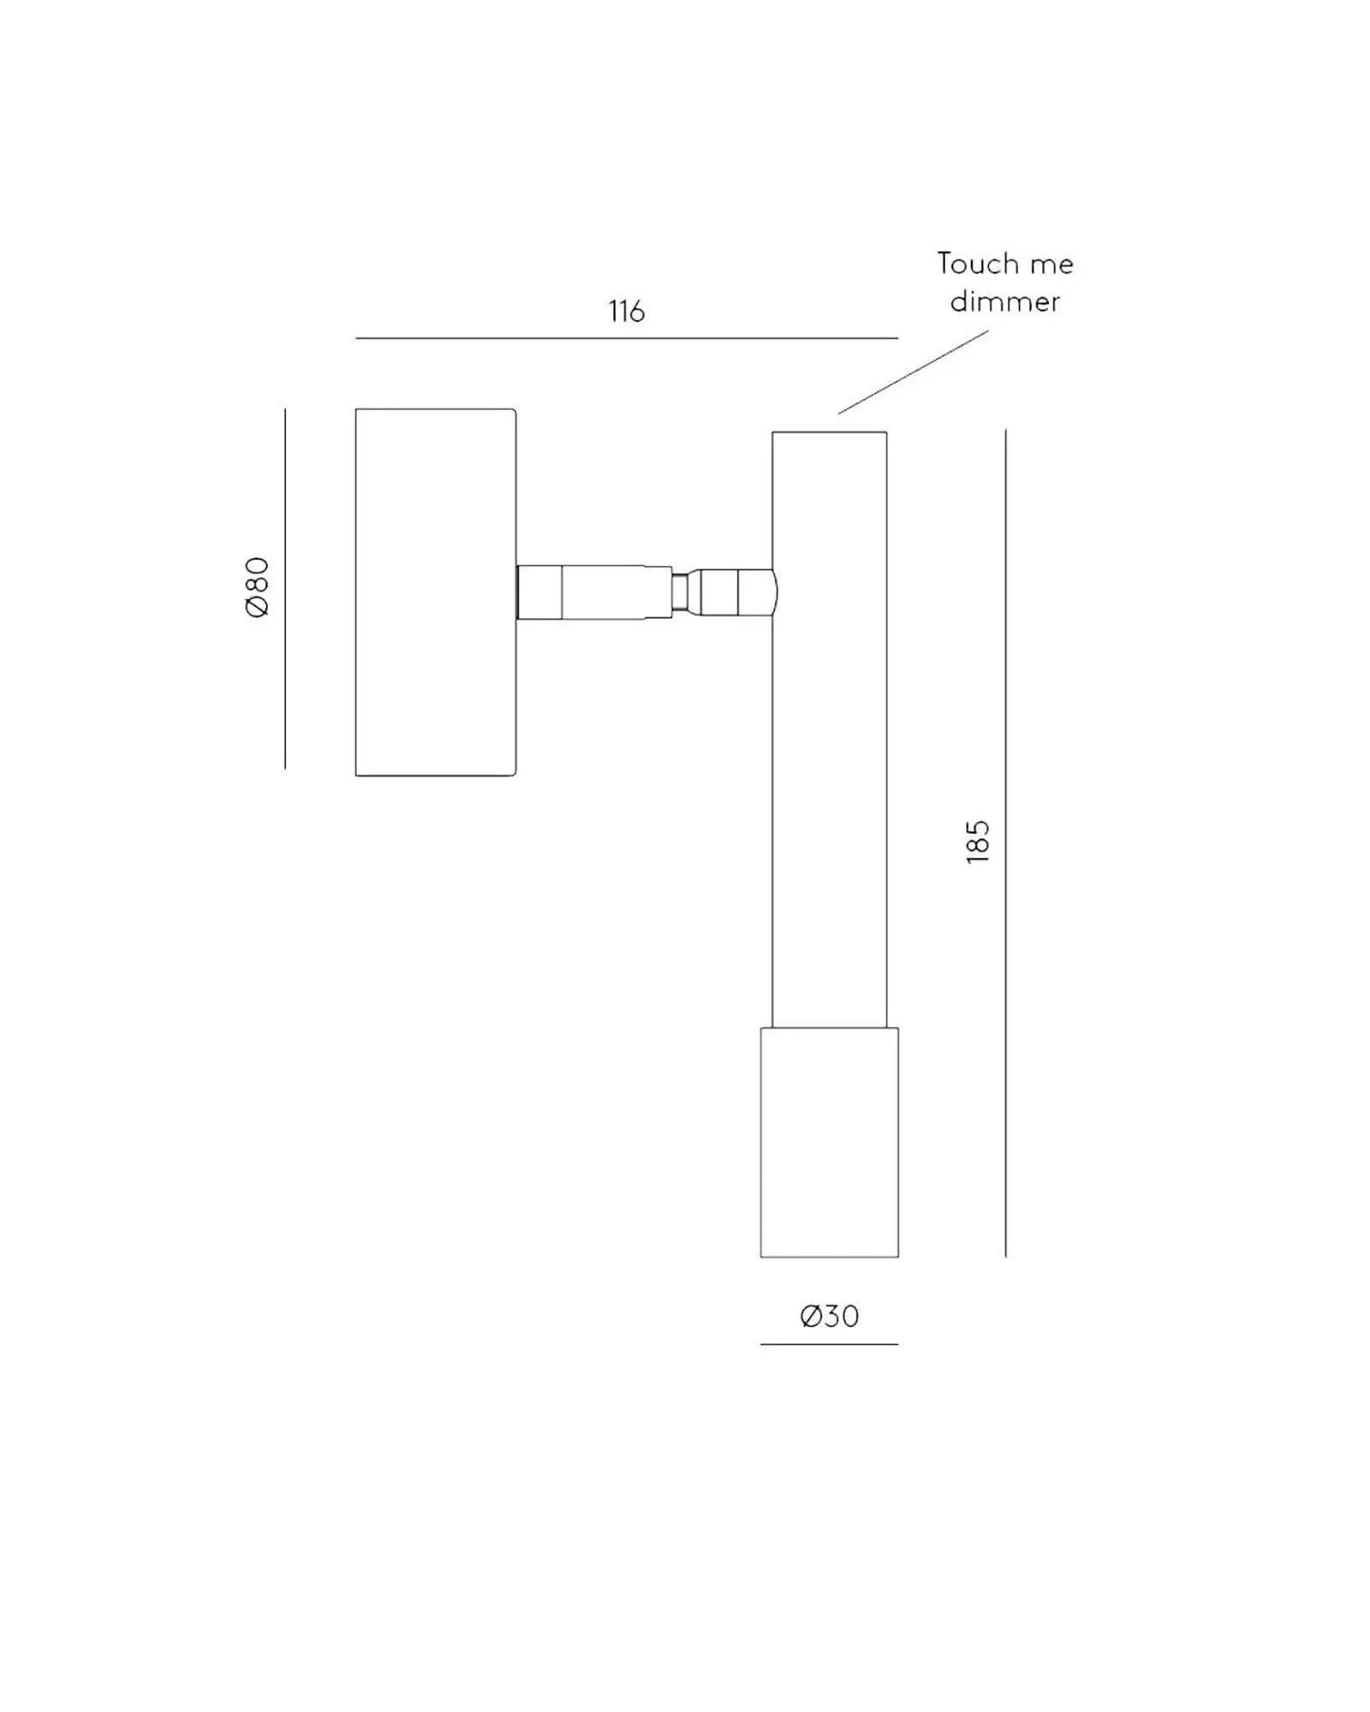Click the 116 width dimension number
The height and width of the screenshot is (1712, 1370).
coord(626,312)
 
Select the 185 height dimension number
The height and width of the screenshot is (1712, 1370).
coord(977,841)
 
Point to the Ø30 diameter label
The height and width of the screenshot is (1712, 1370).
coord(829,1316)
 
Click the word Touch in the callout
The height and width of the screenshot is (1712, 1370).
coord(974,264)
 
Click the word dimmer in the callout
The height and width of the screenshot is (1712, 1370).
coord(1004,301)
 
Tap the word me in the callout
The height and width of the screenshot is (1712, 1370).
coord(1051,265)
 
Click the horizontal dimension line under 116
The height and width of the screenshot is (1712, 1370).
coord(626,338)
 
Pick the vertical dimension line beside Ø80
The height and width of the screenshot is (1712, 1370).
coord(285,589)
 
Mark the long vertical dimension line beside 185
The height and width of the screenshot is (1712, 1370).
coord(1005,843)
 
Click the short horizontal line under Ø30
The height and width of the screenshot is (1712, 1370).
coord(829,1344)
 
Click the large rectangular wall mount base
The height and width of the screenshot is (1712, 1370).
coord(435,592)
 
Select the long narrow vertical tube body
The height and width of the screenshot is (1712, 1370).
coord(829,770)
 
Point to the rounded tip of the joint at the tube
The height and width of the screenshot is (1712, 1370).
coord(772,591)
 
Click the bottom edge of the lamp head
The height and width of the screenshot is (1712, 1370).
coord(829,1257)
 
